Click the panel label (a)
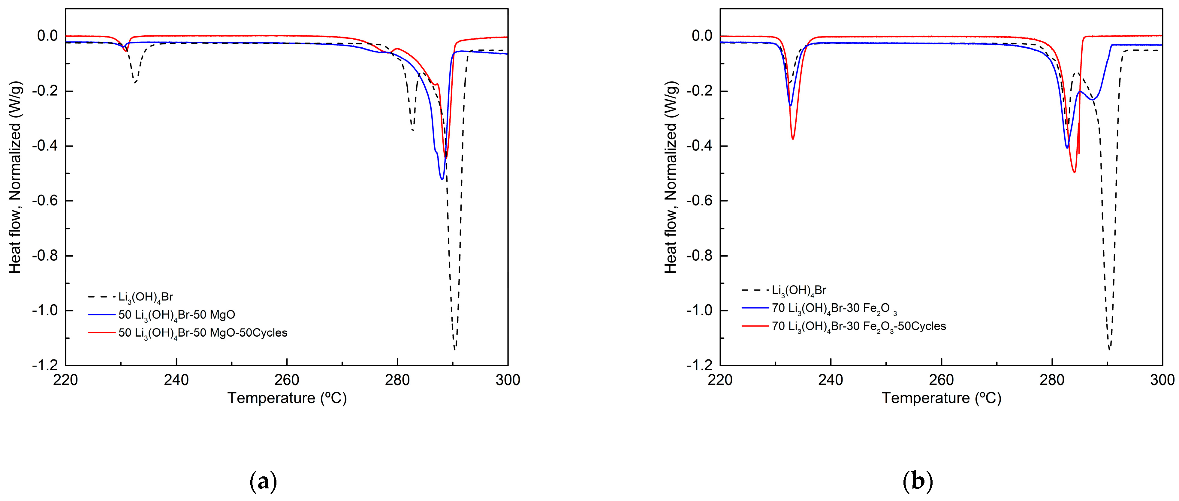[264, 482]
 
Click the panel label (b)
[918, 482]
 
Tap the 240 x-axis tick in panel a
[176, 380]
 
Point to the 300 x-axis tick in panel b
[1162, 380]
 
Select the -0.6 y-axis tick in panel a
[45, 201]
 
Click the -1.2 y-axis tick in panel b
[699, 365]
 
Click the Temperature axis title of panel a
[287, 398]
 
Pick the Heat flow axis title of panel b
[671, 178]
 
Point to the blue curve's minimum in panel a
[442, 179]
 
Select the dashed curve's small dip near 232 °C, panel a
[135, 83]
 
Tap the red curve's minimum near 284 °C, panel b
[1074, 172]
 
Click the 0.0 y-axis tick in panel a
[47, 36]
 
